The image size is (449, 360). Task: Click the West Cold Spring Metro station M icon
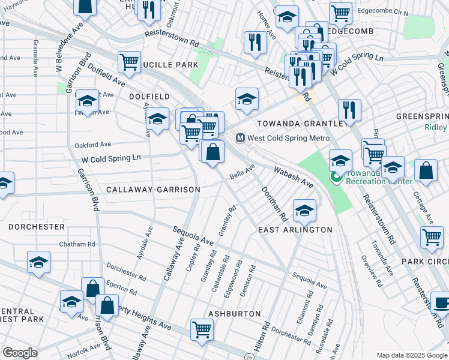pos(240,138)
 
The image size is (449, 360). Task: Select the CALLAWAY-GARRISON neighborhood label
pos(153,190)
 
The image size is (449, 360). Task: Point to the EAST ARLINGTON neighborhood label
pos(295,230)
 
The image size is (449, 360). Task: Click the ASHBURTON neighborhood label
pos(234,314)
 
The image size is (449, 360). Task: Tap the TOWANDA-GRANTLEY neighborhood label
pos(300,123)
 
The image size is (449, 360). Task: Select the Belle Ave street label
pos(243,171)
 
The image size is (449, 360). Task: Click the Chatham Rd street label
pos(77,244)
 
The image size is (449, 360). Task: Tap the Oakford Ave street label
pos(93,145)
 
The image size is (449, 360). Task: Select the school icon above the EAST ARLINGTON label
pos(304,210)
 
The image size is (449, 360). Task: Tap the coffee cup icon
pos(441,302)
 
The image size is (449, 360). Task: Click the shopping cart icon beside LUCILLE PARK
pos(130,61)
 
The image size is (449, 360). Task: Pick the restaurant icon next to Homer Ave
pos(255,42)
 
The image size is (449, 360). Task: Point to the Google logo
pos(20,353)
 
